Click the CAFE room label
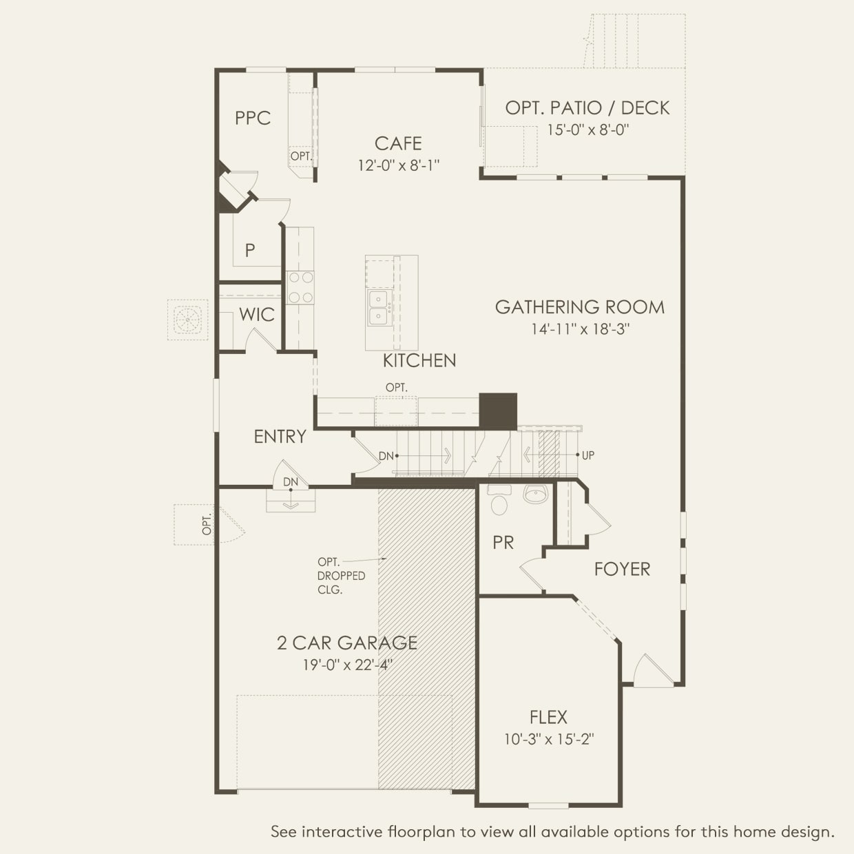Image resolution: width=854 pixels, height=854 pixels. coord(398,143)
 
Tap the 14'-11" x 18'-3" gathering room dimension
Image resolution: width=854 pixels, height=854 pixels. coord(580,329)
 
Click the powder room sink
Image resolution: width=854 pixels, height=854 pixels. coord(535,493)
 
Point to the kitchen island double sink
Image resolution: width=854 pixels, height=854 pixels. coord(377,308)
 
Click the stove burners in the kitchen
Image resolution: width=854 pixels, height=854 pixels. coord(300,287)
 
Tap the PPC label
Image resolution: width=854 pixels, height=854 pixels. coord(253,118)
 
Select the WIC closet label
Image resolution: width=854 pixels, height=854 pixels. coord(257,315)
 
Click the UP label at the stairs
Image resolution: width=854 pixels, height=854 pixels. coord(588,455)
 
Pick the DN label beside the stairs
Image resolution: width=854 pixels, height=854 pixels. coord(386,456)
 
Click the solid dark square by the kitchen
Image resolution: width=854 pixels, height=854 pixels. coord(498,411)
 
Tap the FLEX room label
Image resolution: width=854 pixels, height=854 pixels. coord(548,718)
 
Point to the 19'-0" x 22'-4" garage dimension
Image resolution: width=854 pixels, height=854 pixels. coord(347,665)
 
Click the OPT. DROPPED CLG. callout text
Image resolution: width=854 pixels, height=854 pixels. coord(340,576)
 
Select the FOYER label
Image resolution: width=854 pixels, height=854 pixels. coord(622,569)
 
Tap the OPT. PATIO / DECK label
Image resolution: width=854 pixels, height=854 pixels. coord(587,107)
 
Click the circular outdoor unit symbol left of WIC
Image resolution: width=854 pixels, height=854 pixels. coord(187,320)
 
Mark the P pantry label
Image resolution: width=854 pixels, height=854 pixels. coord(250,250)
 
